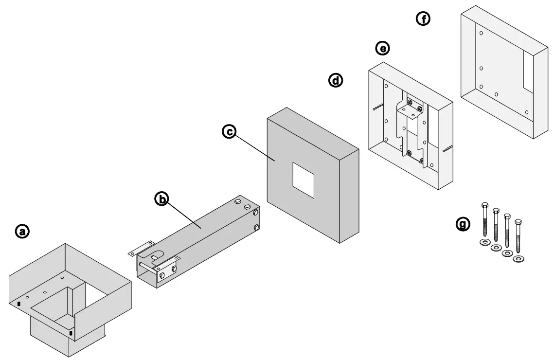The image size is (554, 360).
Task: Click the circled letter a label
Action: pos(22,231)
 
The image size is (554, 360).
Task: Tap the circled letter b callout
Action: pos(161,198)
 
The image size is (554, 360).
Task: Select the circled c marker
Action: pos(229,131)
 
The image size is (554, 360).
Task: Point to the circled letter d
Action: pos(336,80)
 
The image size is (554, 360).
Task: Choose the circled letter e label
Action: pos(383,48)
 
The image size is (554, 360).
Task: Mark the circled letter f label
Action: pos(423,19)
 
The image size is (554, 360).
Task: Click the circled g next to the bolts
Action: pos(463,223)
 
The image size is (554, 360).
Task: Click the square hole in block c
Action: pos(304,180)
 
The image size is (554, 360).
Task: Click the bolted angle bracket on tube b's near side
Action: pos(166,269)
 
